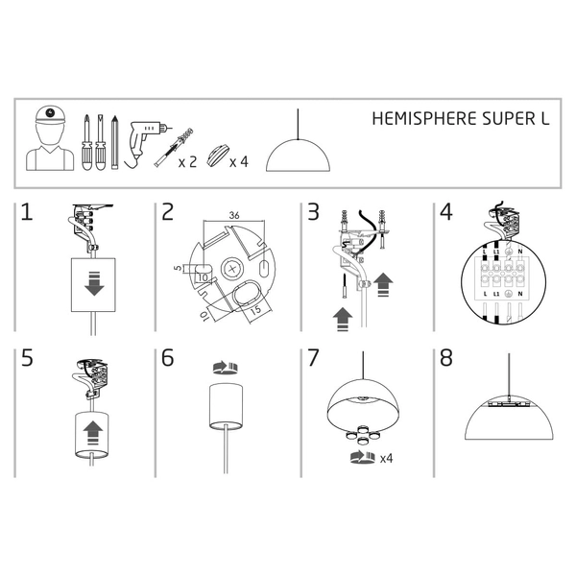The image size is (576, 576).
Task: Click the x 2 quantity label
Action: tap(187, 162)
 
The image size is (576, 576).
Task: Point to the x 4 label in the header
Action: tap(240, 162)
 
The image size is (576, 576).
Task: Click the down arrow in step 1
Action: tap(94, 285)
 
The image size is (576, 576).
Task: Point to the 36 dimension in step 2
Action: tap(235, 216)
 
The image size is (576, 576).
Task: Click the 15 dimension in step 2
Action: tap(257, 310)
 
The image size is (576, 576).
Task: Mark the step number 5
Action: tap(27, 358)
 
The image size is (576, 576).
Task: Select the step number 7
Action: tap(312, 358)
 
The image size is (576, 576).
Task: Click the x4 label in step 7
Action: tap(387, 458)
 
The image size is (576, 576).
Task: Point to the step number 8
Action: tap(445, 358)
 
